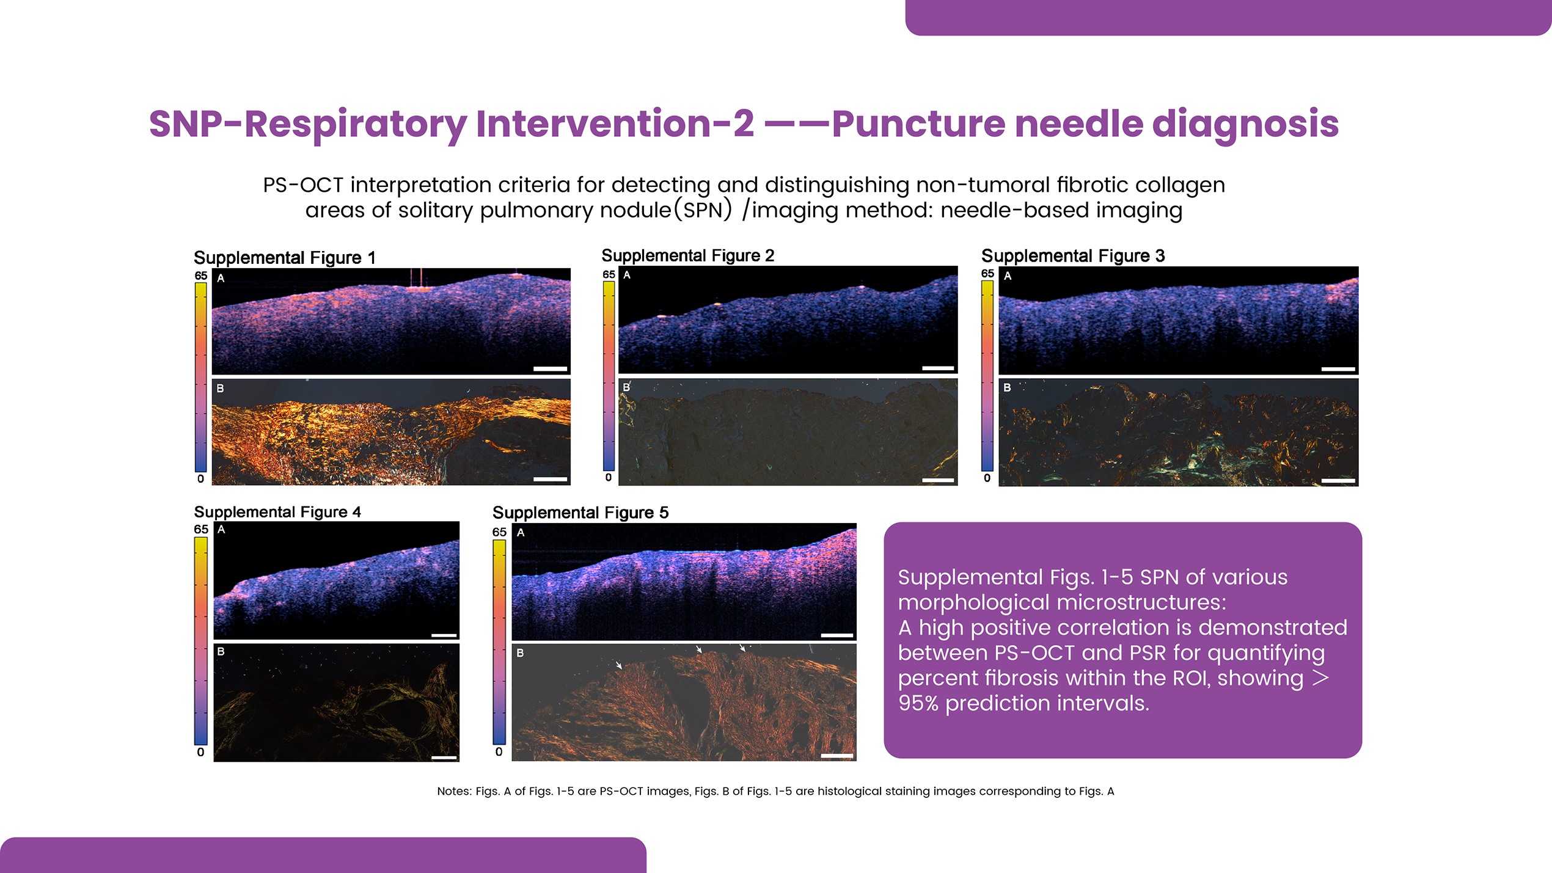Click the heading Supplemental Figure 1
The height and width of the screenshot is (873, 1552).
(284, 258)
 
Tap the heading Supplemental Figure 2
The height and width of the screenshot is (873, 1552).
(687, 255)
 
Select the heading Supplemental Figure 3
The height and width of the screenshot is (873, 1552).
(1073, 256)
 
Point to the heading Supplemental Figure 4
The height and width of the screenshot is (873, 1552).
(277, 512)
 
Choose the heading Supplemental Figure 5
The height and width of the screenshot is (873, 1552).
(580, 513)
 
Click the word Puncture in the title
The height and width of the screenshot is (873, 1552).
(918, 124)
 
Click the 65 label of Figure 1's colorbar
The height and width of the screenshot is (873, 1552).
(201, 276)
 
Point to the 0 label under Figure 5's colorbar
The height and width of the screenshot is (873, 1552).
(499, 752)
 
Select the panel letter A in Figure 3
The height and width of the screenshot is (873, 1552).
(1008, 276)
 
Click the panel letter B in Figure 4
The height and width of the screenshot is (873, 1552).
(221, 652)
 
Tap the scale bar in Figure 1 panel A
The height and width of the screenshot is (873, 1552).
(550, 369)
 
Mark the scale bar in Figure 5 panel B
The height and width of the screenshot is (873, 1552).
(836, 756)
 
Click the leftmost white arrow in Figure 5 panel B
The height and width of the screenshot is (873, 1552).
(619, 664)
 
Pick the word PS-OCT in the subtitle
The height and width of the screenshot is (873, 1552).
(303, 185)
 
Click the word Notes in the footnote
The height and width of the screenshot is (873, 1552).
(453, 791)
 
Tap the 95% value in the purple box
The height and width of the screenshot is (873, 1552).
(918, 703)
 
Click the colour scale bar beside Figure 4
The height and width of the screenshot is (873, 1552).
(201, 641)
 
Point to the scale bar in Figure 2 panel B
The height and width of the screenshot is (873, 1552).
(938, 480)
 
